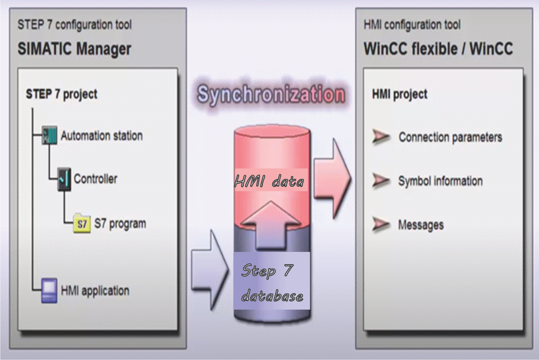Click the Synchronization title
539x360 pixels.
[x=271, y=94]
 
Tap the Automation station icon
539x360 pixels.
[x=49, y=135]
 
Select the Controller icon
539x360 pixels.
[x=64, y=179]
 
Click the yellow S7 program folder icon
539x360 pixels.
[x=82, y=223]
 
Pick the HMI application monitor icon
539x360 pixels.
[x=49, y=291]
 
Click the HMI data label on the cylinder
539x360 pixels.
[x=269, y=181]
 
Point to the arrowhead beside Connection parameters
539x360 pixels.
[x=381, y=136]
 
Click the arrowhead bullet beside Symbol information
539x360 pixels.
[x=381, y=180]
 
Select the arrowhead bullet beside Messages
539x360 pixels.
[x=381, y=224]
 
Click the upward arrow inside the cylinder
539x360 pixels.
[x=271, y=225]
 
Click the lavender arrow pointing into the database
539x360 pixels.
[x=210, y=270]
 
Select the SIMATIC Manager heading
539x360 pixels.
[x=74, y=49]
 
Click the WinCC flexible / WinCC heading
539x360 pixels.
[x=438, y=49]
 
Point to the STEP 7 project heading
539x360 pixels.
[x=62, y=94]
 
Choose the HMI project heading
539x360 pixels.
[x=400, y=94]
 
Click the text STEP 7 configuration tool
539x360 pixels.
[x=74, y=25]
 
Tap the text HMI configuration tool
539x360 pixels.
[x=412, y=25]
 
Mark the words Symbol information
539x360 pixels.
[x=440, y=180]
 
